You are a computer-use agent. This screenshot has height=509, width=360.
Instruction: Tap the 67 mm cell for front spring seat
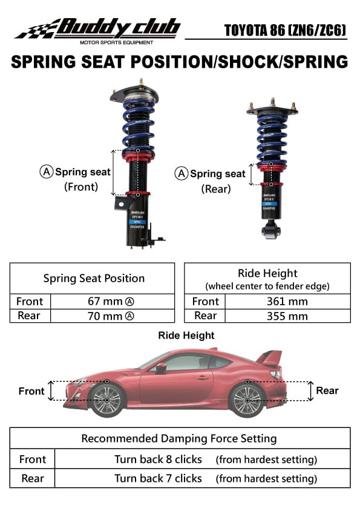[x=113, y=301]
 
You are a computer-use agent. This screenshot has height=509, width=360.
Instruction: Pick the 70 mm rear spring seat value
[x=113, y=316]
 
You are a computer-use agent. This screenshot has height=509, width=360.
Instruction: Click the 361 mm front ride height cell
[x=287, y=301]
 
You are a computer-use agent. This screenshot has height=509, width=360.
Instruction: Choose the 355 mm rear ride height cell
[x=287, y=316]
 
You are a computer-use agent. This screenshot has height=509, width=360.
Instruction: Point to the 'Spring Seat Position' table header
[x=94, y=278]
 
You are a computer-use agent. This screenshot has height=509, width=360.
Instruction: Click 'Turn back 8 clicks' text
[x=158, y=459]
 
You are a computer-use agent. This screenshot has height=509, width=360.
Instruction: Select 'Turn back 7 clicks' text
[x=158, y=478]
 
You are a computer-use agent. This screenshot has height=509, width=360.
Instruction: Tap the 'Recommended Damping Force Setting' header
[x=179, y=438]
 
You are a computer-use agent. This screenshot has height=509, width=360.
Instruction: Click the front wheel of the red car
[x=107, y=400]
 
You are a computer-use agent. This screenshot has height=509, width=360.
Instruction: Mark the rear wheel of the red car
[x=248, y=400]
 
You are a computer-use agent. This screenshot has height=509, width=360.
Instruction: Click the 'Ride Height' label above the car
[x=186, y=335]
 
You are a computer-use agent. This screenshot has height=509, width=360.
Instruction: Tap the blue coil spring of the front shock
[x=138, y=124]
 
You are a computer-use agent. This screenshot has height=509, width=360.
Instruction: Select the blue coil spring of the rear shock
[x=272, y=138]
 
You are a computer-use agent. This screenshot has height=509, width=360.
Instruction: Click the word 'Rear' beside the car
[x=327, y=391]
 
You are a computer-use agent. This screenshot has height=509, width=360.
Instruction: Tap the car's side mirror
[x=161, y=368]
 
